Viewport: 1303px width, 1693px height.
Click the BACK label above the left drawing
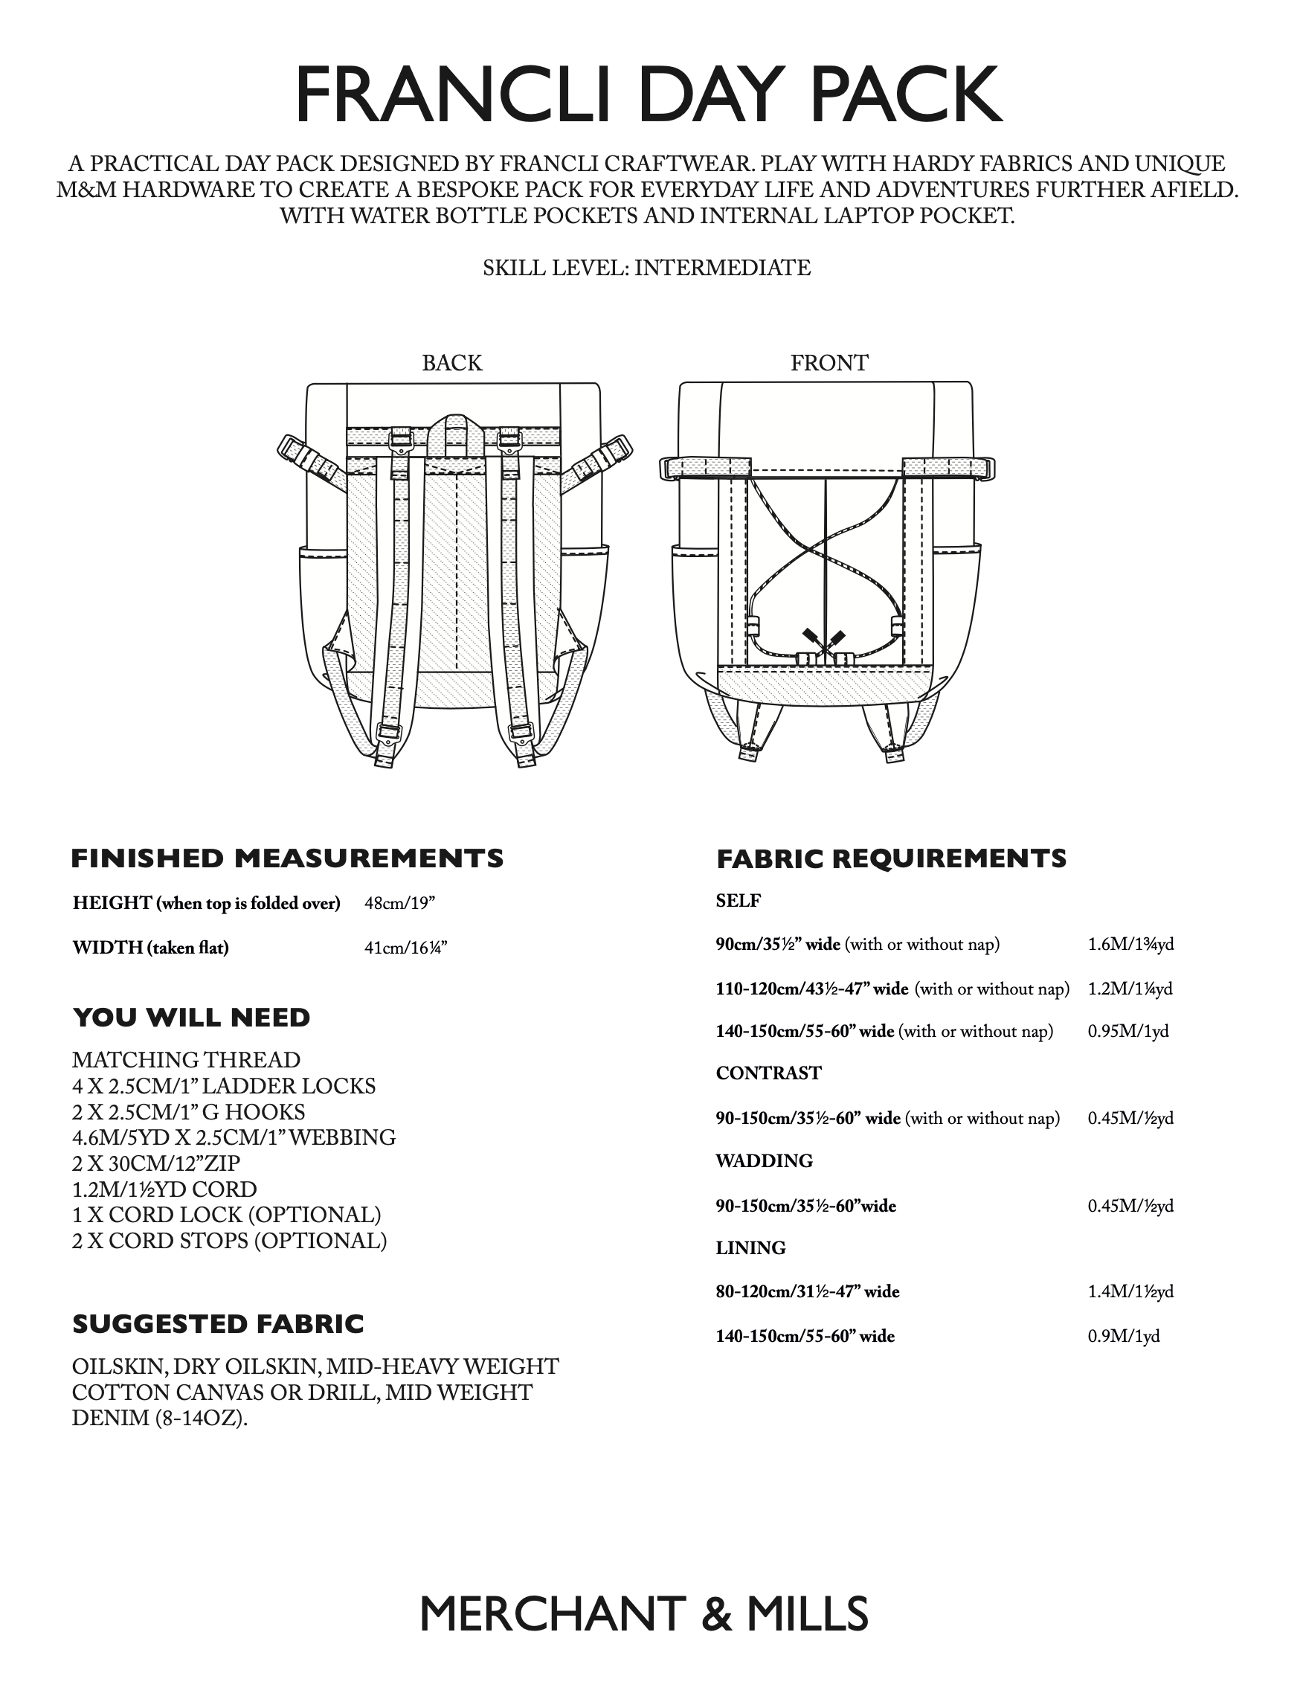(451, 363)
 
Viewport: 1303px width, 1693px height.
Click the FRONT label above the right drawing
(829, 363)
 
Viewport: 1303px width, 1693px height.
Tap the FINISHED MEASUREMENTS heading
(287, 858)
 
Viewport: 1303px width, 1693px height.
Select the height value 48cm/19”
(405, 903)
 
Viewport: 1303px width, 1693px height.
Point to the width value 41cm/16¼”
(405, 947)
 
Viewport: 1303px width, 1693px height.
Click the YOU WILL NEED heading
(191, 1017)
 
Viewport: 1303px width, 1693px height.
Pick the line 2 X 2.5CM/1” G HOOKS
(188, 1111)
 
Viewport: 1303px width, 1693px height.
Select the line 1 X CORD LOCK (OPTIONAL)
(226, 1215)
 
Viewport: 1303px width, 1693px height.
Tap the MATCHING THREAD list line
(186, 1060)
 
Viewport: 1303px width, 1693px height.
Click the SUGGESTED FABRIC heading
(218, 1323)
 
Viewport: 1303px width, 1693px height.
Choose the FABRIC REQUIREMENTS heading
(892, 858)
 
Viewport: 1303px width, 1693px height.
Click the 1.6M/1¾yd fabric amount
(1130, 944)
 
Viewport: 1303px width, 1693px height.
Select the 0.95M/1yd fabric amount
(1127, 1031)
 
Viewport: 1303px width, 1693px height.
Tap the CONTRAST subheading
(768, 1073)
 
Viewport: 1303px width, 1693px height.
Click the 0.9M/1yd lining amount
(1123, 1336)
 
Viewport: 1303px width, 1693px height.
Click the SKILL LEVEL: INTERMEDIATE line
(646, 269)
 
